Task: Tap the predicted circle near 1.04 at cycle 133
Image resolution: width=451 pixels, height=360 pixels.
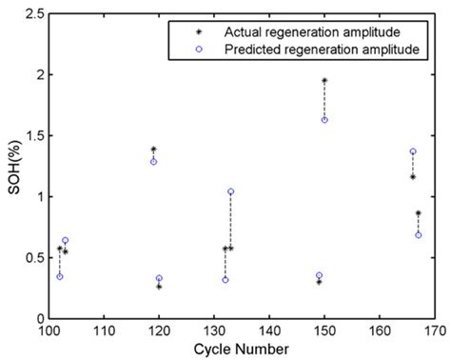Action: tap(230, 191)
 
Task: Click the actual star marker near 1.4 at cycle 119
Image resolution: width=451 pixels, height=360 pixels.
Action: tap(153, 149)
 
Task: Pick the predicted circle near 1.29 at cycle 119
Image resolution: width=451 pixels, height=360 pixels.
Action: tap(153, 162)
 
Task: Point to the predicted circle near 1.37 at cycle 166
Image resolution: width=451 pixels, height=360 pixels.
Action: tap(413, 151)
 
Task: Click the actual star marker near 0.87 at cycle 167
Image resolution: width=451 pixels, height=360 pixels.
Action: tap(419, 212)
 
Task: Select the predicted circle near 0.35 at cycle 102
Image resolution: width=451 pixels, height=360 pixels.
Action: tap(59, 276)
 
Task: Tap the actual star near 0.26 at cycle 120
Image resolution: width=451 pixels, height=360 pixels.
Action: tap(159, 287)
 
